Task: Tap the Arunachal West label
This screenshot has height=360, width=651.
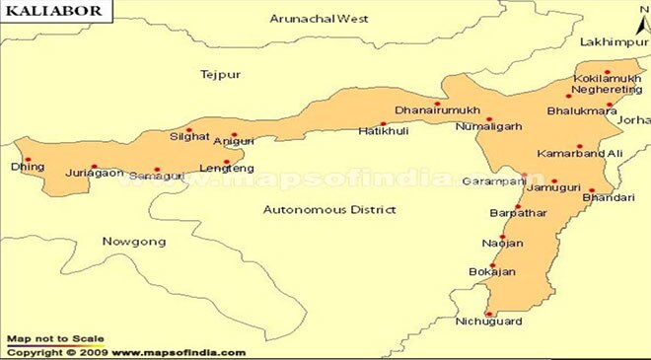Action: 308,18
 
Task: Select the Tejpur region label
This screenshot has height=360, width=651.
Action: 220,75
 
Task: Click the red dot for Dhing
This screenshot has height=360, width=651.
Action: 28,159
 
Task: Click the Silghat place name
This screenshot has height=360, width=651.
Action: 188,137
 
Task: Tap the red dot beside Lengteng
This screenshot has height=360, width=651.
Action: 227,163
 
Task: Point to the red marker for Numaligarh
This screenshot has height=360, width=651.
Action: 489,119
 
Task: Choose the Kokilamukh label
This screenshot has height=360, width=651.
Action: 600,78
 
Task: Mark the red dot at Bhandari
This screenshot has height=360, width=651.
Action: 592,190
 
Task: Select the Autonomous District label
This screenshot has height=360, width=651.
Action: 329,209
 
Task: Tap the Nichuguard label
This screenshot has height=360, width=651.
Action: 487,322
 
